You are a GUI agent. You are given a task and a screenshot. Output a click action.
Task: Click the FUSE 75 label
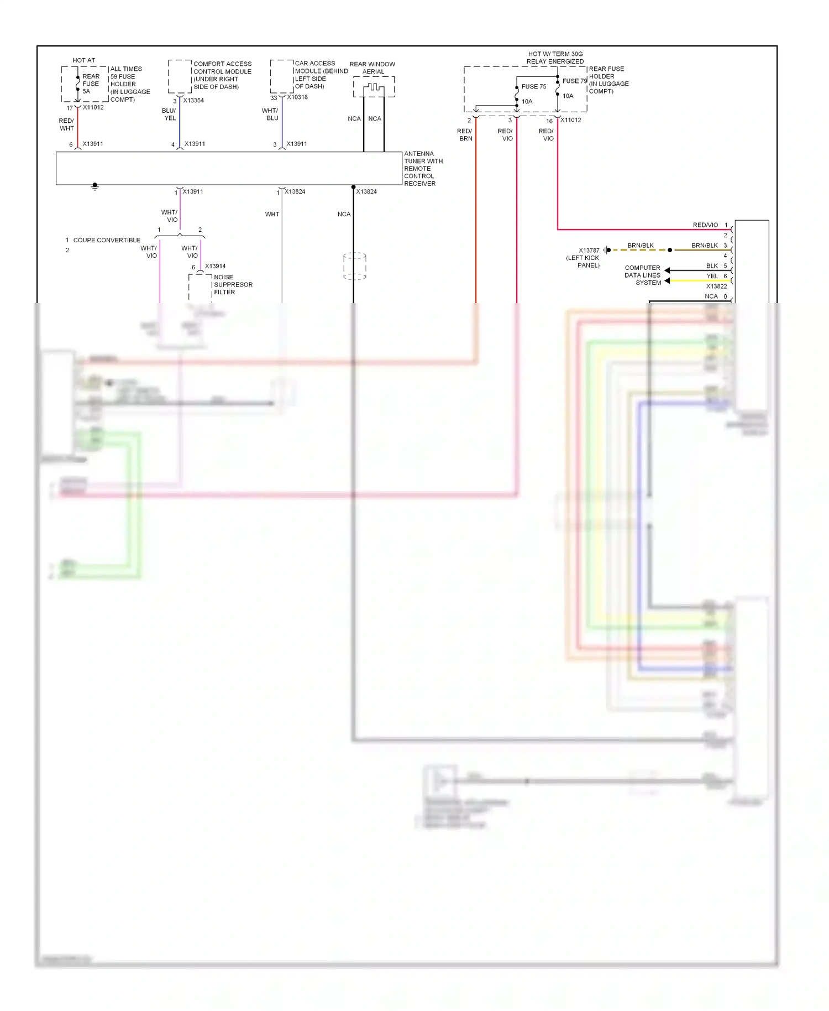point(533,87)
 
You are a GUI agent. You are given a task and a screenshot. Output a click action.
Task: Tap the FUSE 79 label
point(574,81)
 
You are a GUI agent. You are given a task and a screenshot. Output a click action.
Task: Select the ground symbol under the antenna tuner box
point(95,187)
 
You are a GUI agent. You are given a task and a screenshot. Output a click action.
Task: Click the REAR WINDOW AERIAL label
point(372,68)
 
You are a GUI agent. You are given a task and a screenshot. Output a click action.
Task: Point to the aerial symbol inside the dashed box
point(374,87)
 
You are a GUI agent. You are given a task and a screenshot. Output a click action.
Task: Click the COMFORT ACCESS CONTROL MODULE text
point(222,75)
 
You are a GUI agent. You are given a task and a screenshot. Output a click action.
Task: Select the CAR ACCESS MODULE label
point(321,75)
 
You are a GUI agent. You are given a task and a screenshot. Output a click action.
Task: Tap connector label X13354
point(193,101)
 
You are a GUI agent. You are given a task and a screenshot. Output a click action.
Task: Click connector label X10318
point(297,97)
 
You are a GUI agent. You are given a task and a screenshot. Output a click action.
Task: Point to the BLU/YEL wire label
point(169,114)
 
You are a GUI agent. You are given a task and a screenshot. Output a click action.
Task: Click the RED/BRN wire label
point(465,135)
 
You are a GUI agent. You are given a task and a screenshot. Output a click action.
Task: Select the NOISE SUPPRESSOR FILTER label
point(233,285)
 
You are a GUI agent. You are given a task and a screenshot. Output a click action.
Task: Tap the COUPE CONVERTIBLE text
point(107,241)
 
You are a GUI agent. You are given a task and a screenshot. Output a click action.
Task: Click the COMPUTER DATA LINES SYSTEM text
point(642,275)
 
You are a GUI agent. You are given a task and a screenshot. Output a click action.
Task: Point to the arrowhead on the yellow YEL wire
point(668,281)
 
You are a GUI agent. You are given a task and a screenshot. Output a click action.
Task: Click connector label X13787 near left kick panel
point(589,251)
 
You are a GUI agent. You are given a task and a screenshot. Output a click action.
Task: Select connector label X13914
point(215,267)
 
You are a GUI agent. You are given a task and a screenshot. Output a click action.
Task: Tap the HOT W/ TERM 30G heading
point(555,54)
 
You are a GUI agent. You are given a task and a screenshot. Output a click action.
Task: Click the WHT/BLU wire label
point(270,114)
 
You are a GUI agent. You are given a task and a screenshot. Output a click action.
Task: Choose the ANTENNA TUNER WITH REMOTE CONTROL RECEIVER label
point(423,169)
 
